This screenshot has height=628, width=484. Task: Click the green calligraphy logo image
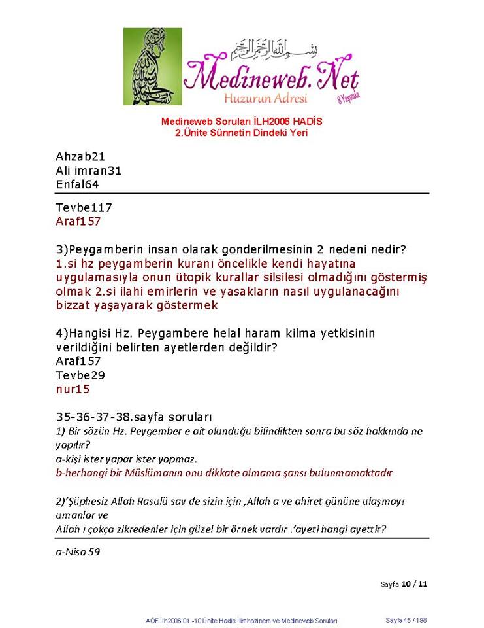153,67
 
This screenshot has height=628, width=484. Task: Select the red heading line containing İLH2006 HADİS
242,122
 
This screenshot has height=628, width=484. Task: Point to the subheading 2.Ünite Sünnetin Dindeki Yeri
242,133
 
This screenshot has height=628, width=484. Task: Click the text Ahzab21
81,157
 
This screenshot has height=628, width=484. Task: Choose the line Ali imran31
89,171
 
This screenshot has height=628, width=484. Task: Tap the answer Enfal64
77,184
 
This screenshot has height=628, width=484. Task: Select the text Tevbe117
84,208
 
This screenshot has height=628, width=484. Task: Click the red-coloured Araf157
78,222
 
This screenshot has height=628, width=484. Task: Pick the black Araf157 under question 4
78,361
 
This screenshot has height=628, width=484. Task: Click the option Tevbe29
80,375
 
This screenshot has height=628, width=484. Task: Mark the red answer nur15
73,389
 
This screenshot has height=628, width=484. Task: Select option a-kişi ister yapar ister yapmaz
127,459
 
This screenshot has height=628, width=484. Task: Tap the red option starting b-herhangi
224,472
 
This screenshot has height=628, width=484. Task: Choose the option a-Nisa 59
78,552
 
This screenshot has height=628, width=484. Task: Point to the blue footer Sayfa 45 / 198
406,620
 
